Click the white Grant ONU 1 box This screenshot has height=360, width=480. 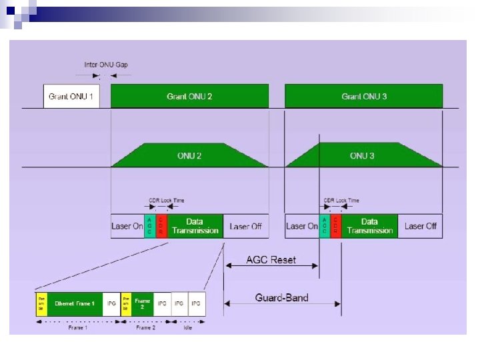pos(71,97)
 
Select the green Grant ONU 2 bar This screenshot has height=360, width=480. pos(189,97)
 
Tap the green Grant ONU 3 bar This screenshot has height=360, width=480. pos(364,97)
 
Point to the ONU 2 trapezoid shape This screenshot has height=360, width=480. pos(189,155)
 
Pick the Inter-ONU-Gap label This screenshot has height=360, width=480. pos(106,65)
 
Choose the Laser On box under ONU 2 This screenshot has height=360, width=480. pos(127,226)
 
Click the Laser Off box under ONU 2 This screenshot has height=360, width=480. pos(245,226)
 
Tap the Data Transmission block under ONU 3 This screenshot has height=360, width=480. pos(369,226)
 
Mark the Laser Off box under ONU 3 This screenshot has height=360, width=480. pos(421,226)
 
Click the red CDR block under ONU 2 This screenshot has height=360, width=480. pos(161,226)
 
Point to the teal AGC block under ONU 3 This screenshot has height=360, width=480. pos(325,226)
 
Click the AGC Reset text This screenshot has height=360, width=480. pos(271,259)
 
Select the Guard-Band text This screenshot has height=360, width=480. pos(282,297)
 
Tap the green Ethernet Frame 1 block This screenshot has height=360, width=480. pos(75,303)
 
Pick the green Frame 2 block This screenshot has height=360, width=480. pos(143,303)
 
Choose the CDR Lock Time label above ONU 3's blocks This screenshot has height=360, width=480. pos(341,200)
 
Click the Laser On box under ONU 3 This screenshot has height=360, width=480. pos(302,226)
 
